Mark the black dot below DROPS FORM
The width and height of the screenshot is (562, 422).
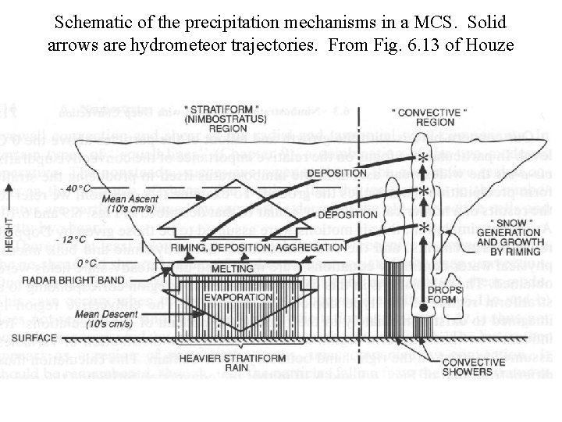424,309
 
